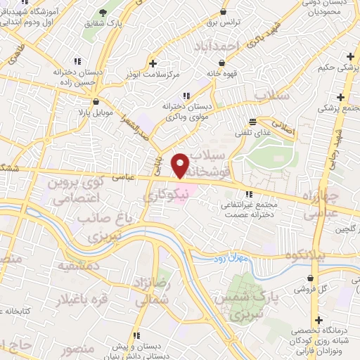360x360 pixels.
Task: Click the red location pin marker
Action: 181,165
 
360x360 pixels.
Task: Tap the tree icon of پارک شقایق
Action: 105,12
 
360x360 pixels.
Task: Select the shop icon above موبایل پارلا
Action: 95,101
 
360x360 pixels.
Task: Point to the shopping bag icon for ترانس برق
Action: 223,12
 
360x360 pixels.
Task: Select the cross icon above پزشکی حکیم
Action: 349,56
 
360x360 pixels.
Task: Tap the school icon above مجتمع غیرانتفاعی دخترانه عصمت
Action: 248,194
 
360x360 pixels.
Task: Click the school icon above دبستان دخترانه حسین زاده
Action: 77,61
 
